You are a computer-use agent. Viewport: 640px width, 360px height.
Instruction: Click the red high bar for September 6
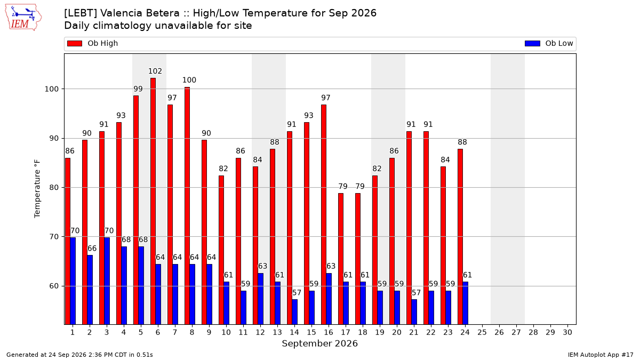(x=153, y=201)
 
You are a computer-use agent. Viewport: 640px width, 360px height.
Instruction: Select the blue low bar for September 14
(x=294, y=312)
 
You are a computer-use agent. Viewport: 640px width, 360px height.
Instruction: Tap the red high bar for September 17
(x=341, y=259)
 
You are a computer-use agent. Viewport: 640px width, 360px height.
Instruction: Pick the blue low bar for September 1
(x=73, y=281)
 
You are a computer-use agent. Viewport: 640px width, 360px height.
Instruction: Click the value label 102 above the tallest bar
(x=155, y=71)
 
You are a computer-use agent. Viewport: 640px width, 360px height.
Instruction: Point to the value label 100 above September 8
(x=189, y=80)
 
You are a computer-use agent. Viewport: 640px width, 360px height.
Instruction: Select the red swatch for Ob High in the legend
(x=75, y=43)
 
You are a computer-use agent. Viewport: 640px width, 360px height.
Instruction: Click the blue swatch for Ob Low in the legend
(x=532, y=43)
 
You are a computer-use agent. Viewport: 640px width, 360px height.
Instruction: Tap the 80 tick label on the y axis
(x=54, y=188)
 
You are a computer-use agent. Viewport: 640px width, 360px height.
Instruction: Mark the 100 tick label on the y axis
(x=51, y=89)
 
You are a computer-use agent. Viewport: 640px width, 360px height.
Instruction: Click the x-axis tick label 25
(x=482, y=333)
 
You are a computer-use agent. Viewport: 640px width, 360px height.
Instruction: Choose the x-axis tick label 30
(x=567, y=333)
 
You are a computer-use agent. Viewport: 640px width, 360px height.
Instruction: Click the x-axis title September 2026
(x=319, y=343)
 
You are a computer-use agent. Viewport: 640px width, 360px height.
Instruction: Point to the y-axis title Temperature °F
(x=37, y=189)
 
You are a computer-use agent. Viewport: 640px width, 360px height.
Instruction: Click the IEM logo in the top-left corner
(x=23, y=18)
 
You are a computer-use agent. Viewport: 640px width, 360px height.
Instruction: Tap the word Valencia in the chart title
(x=140, y=13)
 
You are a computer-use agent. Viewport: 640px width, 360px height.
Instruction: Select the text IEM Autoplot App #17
(x=601, y=355)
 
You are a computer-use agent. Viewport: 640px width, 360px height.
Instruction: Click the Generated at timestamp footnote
(x=79, y=355)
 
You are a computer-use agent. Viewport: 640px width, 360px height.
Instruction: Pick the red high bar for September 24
(x=460, y=237)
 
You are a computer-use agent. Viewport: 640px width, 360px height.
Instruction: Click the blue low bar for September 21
(x=414, y=312)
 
